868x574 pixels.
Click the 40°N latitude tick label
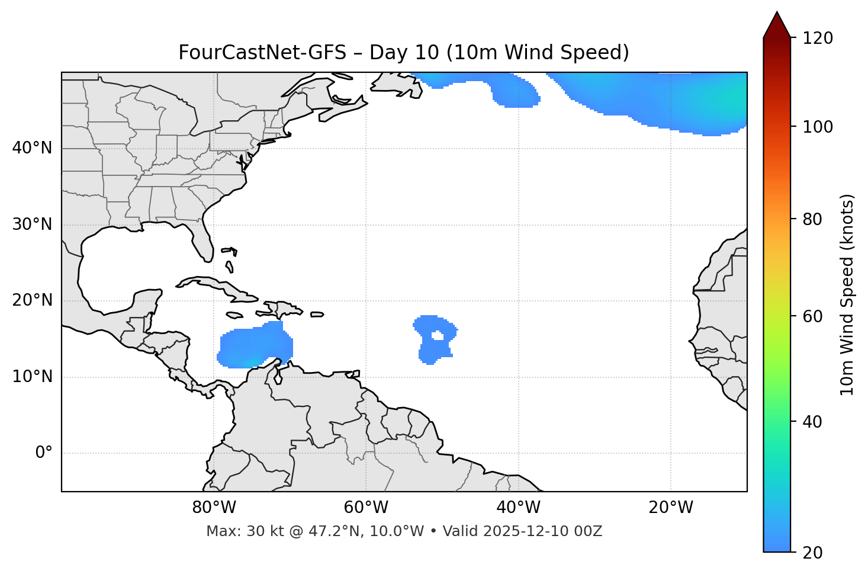point(32,148)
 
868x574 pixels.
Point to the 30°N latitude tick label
point(32,225)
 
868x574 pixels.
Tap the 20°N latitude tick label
point(32,300)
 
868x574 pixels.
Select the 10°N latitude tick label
point(32,377)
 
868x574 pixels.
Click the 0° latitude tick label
point(44,453)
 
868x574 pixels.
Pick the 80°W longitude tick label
point(214,508)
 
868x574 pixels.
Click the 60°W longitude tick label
point(366,508)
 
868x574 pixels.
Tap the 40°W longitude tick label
point(519,508)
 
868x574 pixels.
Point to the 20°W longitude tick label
point(671,508)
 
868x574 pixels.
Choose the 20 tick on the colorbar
point(812,553)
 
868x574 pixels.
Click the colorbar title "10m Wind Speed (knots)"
point(847,294)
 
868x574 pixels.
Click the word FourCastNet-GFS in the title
point(262,53)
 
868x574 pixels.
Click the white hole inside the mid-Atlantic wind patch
point(438,336)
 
